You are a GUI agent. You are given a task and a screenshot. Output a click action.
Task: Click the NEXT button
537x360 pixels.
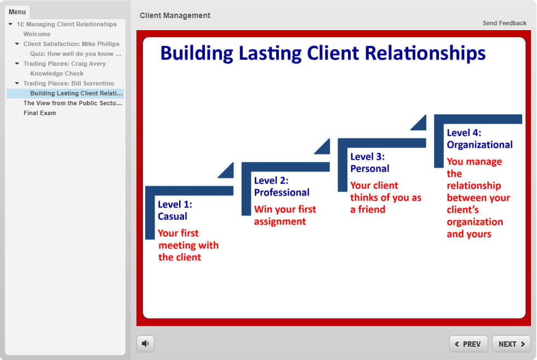pyautogui.click(x=511, y=344)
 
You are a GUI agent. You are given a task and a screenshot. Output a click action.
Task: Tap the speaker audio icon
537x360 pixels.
pyautogui.click(x=145, y=344)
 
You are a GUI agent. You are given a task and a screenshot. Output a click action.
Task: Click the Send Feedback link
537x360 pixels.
pyautogui.click(x=505, y=23)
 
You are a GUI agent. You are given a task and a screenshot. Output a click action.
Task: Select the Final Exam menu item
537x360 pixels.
pyautogui.click(x=39, y=113)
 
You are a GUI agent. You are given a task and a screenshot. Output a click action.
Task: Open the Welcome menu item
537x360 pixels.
pyautogui.click(x=37, y=35)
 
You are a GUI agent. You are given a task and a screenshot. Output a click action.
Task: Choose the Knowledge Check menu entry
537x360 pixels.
pyautogui.click(x=57, y=73)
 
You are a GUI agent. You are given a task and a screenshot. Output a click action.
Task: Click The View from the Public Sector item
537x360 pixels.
pyautogui.click(x=72, y=103)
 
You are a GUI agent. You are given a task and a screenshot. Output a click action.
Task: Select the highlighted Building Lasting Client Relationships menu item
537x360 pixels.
pyautogui.click(x=76, y=93)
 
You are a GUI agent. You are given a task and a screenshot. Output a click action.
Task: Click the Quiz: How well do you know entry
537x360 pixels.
pyautogui.click(x=76, y=54)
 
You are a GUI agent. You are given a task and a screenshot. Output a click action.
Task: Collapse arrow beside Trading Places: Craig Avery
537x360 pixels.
pyautogui.click(x=17, y=64)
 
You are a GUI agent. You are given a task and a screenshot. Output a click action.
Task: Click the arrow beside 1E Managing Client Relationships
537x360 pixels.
pyautogui.click(x=10, y=24)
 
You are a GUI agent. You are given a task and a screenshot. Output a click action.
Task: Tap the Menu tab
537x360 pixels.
pyautogui.click(x=17, y=12)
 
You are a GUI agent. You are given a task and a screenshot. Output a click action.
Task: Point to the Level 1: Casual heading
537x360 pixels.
pyautogui.click(x=175, y=210)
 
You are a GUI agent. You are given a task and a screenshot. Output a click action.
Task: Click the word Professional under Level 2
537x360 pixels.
pyautogui.click(x=282, y=192)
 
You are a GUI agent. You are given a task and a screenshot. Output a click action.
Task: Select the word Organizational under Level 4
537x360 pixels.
pyautogui.click(x=479, y=145)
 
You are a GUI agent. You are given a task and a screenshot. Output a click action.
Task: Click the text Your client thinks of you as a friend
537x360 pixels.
pyautogui.click(x=386, y=197)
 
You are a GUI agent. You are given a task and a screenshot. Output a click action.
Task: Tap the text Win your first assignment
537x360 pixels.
pyautogui.click(x=285, y=215)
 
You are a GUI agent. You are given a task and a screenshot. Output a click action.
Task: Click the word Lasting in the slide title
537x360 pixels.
pyautogui.click(x=270, y=54)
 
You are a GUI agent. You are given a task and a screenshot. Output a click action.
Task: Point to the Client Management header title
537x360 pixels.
pyautogui.click(x=175, y=15)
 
